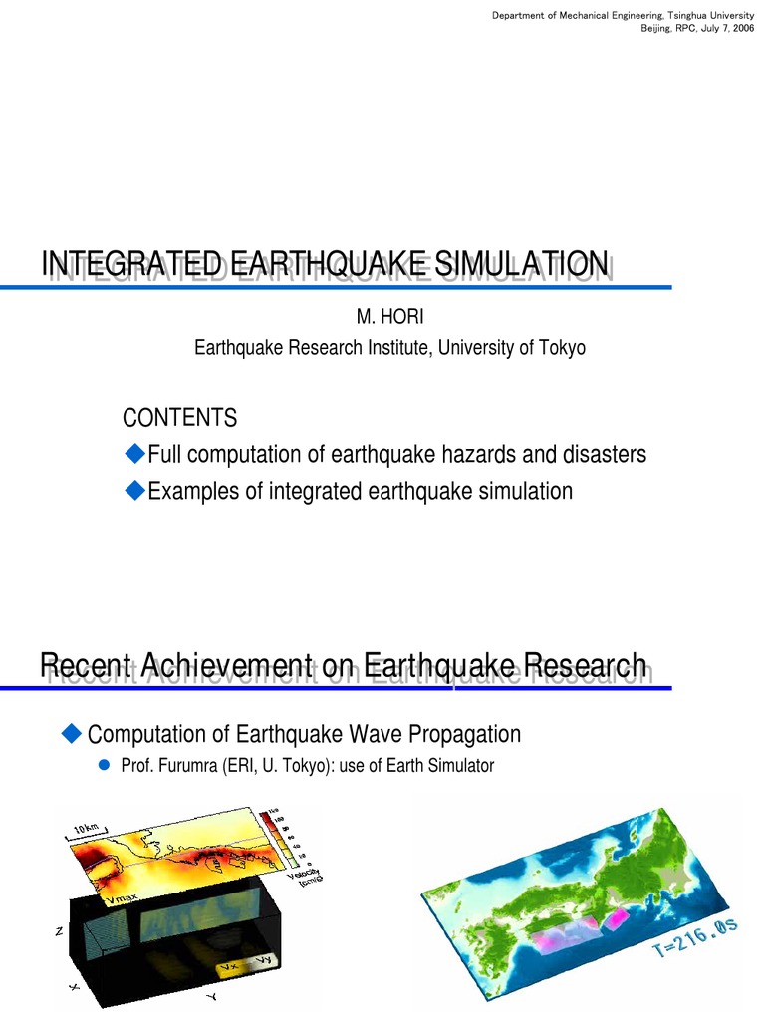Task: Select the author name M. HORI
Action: [383, 317]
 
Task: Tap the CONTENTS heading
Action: [179, 416]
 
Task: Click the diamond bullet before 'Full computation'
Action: [134, 455]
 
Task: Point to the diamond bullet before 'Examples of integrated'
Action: [134, 491]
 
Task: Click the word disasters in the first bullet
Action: [600, 455]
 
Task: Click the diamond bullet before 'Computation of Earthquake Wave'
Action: [71, 734]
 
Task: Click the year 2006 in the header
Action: [741, 27]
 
